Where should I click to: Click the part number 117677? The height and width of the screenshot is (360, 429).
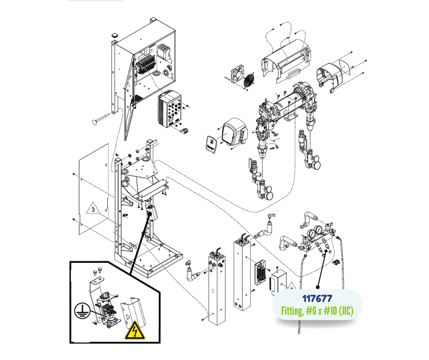click(317, 298)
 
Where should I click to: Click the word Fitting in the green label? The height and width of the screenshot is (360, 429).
click(292, 311)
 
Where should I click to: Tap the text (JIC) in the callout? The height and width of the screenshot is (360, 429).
click(346, 311)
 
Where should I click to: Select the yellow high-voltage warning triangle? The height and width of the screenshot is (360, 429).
click(135, 330)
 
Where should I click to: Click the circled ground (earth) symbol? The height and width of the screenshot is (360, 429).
click(82, 311)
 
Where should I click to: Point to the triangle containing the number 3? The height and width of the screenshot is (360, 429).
click(93, 208)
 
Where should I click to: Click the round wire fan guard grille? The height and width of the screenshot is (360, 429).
click(249, 80)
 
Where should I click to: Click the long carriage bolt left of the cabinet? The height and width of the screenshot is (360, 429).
click(102, 118)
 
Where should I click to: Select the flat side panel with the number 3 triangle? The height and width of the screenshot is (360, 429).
click(94, 189)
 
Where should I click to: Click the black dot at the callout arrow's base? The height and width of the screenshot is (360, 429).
click(318, 287)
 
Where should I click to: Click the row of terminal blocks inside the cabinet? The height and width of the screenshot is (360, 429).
click(145, 65)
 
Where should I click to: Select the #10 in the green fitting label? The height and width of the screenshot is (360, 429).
click(330, 311)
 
